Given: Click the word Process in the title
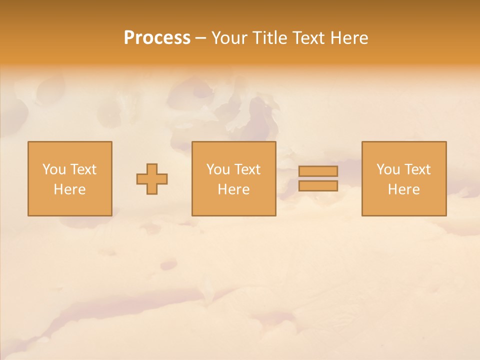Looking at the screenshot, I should tap(157, 38).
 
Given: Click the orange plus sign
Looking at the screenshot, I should tap(152, 178).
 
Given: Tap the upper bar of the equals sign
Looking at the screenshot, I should tap(318, 171).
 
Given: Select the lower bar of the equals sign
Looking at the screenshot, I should tap(318, 186).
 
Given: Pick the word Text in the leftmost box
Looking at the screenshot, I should tap(82, 169).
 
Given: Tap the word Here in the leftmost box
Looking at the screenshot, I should tap(69, 189).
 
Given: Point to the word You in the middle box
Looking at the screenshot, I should tap(218, 169).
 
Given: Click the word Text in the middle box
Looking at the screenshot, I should tap(246, 169).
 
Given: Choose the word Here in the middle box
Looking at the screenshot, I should tap(233, 189).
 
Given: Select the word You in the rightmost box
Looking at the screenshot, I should tap(388, 169).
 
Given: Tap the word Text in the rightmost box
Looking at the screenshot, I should tap(416, 169).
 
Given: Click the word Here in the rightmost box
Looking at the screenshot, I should tap(403, 189).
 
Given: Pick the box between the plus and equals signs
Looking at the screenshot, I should tap(233, 205).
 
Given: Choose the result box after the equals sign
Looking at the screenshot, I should tap(403, 205).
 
